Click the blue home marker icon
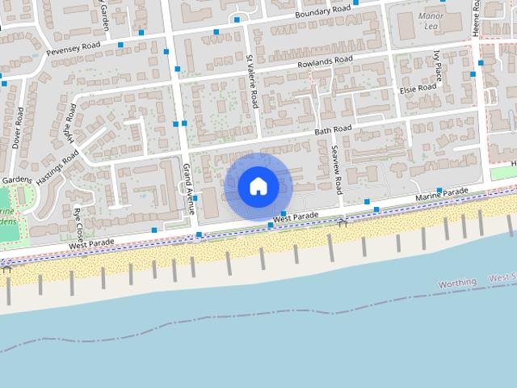(x=258, y=186)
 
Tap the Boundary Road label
(x=323, y=11)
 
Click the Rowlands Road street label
(x=326, y=62)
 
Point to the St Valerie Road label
(x=253, y=82)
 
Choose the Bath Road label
(x=334, y=129)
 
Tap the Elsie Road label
(x=417, y=87)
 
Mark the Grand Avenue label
(x=189, y=188)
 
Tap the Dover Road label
(x=17, y=129)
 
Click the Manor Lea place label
(x=431, y=21)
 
